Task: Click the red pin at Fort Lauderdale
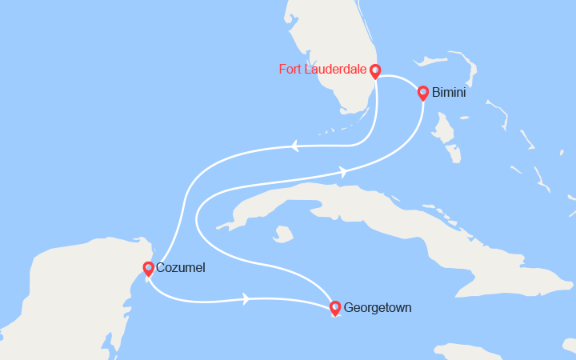click(x=374, y=71)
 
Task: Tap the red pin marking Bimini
click(x=423, y=93)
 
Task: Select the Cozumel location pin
click(x=148, y=269)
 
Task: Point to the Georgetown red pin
click(x=334, y=307)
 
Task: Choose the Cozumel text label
click(x=182, y=268)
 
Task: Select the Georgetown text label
click(x=378, y=306)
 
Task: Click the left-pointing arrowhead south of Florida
click(x=294, y=146)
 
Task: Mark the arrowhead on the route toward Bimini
click(x=343, y=170)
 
